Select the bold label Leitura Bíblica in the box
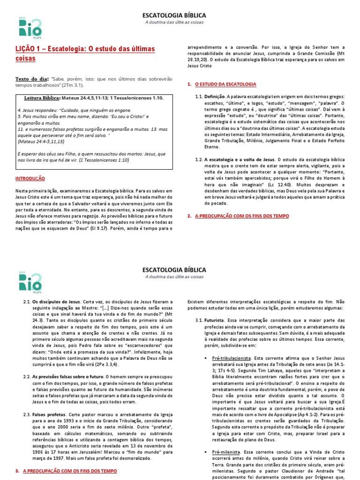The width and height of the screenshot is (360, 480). [43, 98]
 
